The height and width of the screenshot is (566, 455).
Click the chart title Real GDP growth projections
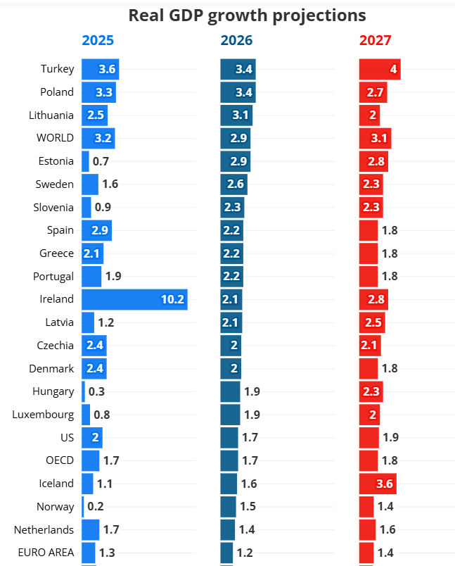(x=247, y=15)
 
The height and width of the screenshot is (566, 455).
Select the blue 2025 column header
(x=98, y=41)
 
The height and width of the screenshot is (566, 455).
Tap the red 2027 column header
(x=376, y=41)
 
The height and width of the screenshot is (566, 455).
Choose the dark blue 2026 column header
(x=236, y=41)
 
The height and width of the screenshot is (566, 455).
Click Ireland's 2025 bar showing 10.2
(x=134, y=299)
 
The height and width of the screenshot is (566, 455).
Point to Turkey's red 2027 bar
(x=380, y=69)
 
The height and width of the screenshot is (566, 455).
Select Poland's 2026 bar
(x=238, y=92)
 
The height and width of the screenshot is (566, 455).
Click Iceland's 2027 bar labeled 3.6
(x=377, y=484)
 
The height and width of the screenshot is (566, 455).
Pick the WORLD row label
(x=55, y=138)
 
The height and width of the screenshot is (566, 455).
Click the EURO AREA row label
(x=46, y=553)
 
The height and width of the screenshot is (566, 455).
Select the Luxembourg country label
(x=43, y=415)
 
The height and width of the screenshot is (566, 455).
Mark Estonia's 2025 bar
(x=85, y=161)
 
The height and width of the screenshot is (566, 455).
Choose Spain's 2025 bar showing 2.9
(x=96, y=230)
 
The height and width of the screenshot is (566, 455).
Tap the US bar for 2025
(x=91, y=438)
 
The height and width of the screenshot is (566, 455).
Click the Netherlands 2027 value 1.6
(x=388, y=530)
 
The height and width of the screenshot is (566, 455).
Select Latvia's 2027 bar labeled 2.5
(x=373, y=322)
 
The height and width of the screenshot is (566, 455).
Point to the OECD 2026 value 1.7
(x=249, y=461)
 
